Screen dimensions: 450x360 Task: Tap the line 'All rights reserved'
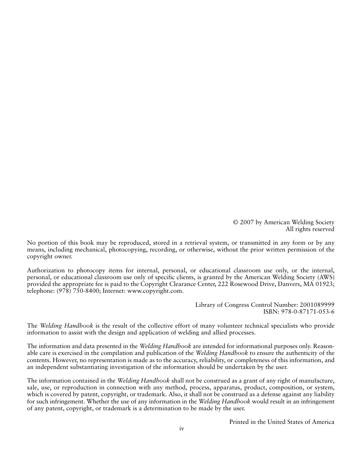pos(310,229)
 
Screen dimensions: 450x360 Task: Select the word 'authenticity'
pos(297,353)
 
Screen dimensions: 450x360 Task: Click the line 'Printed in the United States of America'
pos(282,422)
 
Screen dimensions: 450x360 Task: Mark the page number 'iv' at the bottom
pos(182,428)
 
